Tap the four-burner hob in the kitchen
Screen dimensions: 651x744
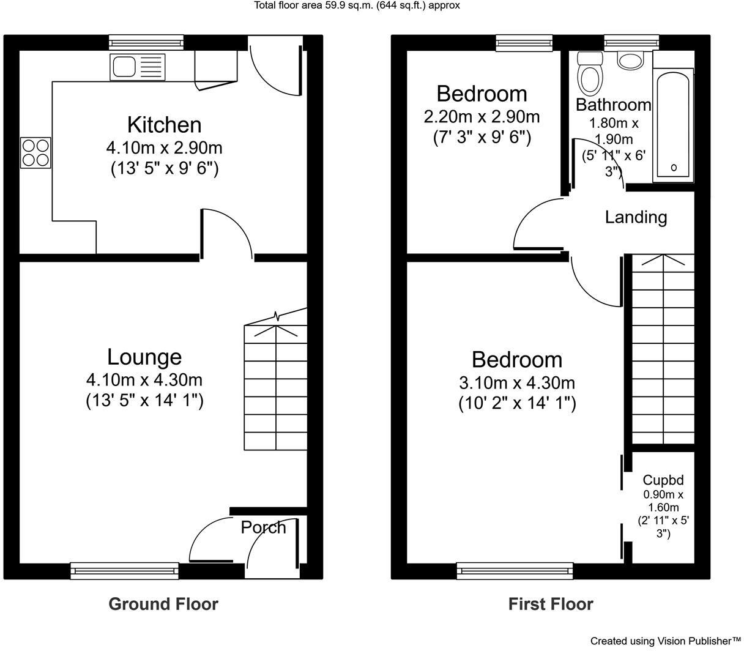(35, 153)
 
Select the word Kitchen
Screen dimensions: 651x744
(164, 124)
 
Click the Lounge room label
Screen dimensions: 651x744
(144, 357)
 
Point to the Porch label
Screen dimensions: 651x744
(263, 527)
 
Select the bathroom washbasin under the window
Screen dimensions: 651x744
(630, 60)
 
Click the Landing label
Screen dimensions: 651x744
(636, 217)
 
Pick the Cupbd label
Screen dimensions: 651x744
(663, 480)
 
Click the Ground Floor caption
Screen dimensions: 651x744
(163, 604)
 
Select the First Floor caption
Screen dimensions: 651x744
(551, 604)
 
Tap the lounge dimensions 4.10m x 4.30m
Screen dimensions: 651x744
(144, 380)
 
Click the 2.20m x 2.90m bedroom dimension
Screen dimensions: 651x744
(482, 116)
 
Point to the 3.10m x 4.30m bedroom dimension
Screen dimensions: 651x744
(517, 383)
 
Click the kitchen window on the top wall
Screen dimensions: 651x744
(146, 42)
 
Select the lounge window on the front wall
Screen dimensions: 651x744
(125, 571)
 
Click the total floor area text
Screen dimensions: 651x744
(357, 6)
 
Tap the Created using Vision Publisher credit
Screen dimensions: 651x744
(665, 641)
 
